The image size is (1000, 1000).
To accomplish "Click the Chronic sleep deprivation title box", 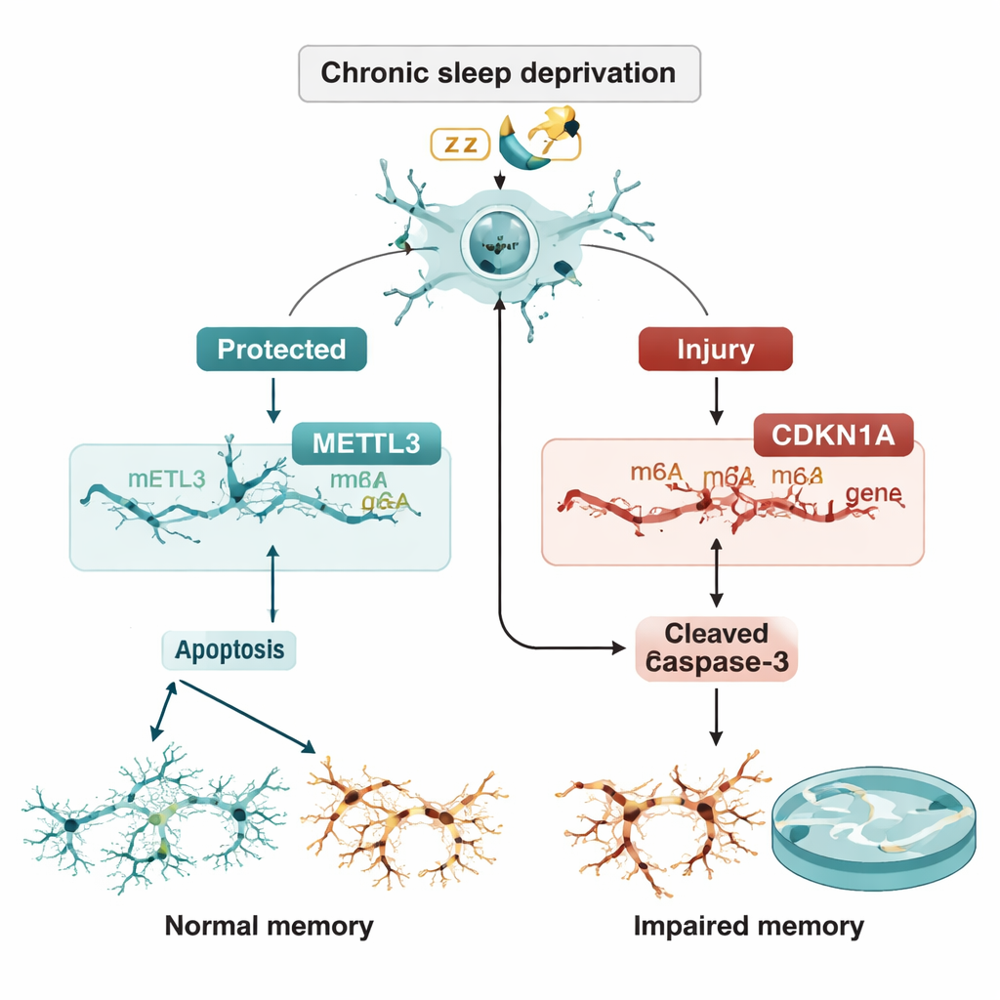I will point(499,73).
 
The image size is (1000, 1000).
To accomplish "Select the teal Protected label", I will point(281,350).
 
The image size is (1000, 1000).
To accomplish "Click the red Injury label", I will point(715,350).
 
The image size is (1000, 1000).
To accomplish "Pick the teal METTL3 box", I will point(366,442).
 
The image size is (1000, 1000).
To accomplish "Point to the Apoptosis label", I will point(229,648).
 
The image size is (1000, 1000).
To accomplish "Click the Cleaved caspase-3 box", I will point(717,647).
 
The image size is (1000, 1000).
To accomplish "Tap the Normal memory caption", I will point(269,924).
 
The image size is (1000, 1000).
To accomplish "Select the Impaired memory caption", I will point(749,924).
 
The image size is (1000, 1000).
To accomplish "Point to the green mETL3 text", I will point(167,479).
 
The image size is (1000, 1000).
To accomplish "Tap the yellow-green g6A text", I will point(384,502).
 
